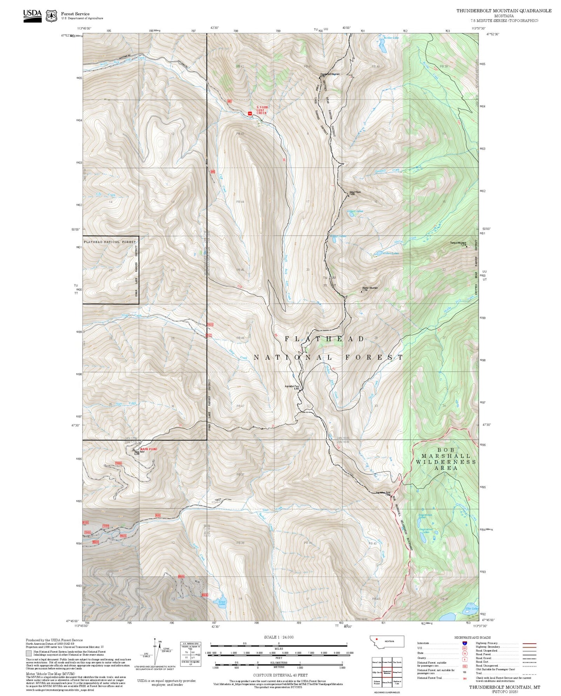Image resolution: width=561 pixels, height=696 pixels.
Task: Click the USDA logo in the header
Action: (32, 16)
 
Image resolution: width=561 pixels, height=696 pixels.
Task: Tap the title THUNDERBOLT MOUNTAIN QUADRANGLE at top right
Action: (504, 11)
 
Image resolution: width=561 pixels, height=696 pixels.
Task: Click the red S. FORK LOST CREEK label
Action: (262, 110)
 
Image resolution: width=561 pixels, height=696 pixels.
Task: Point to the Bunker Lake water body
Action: (382, 47)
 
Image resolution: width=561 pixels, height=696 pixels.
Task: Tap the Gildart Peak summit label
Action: (354, 192)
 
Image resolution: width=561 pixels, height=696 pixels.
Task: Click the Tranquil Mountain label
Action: (458, 243)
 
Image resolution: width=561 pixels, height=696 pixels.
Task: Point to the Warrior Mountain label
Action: (369, 288)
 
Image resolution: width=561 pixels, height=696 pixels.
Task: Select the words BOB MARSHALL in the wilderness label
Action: (446, 456)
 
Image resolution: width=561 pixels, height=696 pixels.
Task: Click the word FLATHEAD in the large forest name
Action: (325, 339)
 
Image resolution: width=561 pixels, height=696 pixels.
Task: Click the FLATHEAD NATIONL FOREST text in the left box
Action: (110, 242)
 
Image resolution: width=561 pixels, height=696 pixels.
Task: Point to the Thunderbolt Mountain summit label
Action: (330, 74)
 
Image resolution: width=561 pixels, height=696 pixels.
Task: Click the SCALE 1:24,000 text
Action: (278, 637)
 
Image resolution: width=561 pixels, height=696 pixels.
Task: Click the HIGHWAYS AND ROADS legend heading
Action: (472, 637)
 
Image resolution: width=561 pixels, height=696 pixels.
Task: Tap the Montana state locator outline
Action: (387, 641)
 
